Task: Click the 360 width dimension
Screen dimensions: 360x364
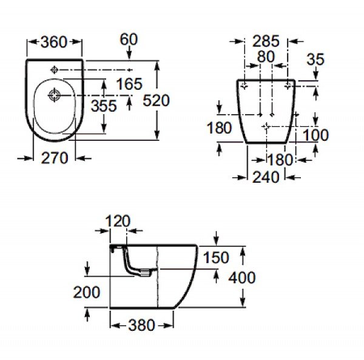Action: [55, 43]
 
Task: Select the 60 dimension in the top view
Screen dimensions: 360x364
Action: [129, 40]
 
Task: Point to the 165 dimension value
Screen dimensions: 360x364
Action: [129, 84]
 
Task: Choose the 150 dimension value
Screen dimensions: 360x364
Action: [215, 258]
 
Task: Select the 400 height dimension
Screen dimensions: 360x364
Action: [242, 277]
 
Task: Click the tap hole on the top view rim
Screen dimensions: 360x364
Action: [55, 68]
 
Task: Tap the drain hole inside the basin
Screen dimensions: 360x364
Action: [55, 94]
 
